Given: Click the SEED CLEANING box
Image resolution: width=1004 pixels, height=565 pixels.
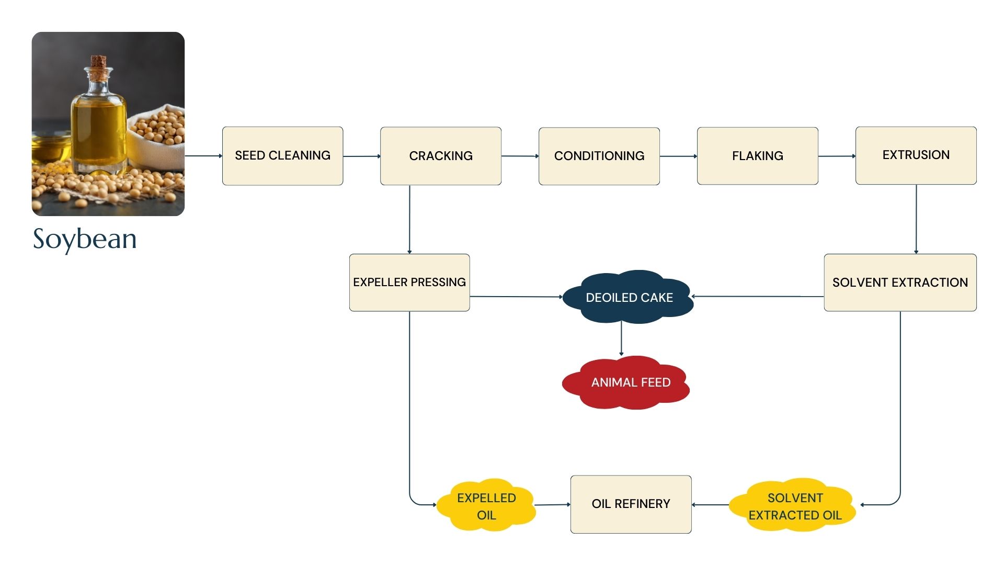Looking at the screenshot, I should click(282, 156).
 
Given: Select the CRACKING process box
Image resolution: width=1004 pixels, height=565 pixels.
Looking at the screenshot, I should click(441, 156).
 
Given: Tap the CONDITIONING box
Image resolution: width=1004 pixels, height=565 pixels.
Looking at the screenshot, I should click(599, 156).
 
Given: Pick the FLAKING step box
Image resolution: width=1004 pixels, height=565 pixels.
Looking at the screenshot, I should click(758, 156).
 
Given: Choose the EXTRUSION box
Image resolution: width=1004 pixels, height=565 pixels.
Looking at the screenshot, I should click(916, 155).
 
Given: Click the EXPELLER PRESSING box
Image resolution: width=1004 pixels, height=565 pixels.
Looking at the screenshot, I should click(409, 282).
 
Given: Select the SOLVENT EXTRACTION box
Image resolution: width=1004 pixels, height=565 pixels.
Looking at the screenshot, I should click(900, 282).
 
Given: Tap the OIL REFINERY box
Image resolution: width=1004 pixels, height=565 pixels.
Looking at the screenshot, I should click(631, 504).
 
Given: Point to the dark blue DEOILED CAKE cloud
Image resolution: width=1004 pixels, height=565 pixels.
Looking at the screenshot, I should click(629, 297).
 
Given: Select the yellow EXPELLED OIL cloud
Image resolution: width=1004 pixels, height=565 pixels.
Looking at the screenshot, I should click(486, 505).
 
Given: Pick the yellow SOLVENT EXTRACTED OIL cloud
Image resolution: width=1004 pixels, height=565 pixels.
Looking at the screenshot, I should click(794, 505).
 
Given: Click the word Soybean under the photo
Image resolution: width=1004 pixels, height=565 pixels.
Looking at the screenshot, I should click(85, 239).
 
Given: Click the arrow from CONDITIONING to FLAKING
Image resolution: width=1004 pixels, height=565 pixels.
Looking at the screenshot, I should click(678, 156).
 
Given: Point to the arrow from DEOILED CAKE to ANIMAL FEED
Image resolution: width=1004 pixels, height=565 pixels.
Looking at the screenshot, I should click(621, 339).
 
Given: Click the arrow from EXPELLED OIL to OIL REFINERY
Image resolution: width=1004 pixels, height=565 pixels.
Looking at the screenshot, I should click(552, 505).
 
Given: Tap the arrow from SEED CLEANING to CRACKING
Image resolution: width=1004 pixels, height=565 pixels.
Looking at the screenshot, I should click(362, 156).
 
